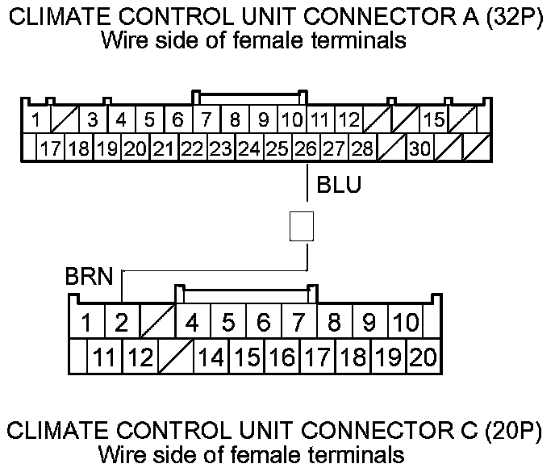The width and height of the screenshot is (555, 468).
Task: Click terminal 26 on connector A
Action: point(306,148)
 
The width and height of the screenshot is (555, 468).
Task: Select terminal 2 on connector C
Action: point(120,324)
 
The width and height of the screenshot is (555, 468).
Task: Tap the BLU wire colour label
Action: point(339,186)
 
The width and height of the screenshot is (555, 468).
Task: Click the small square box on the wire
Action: point(301,227)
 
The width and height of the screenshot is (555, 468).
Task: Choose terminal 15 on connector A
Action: point(434,121)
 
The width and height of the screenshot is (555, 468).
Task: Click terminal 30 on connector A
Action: point(419,148)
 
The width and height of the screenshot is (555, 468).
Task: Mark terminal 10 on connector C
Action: point(405,324)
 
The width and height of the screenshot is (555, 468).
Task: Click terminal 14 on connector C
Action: point(211,355)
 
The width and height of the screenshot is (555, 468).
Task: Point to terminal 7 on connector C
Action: point(298,324)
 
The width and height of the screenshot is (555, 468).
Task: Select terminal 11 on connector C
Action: point(102,355)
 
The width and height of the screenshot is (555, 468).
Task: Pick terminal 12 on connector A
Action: point(348,121)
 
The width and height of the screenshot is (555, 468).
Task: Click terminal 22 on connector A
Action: point(192,148)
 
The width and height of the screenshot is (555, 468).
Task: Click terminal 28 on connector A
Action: point(363,148)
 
